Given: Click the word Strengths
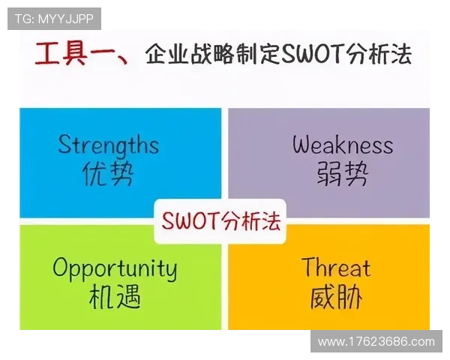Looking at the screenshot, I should coord(108,144).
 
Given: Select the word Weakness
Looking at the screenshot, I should coord(342,144).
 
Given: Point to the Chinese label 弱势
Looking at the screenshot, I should coord(342,174).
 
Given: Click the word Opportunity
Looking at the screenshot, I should coord(114,268).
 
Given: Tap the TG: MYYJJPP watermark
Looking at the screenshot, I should coord(53,18).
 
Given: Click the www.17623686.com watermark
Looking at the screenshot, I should coord(376,341).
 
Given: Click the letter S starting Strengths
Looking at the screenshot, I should coord(64,144).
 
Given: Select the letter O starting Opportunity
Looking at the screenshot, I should coord(60,267).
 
